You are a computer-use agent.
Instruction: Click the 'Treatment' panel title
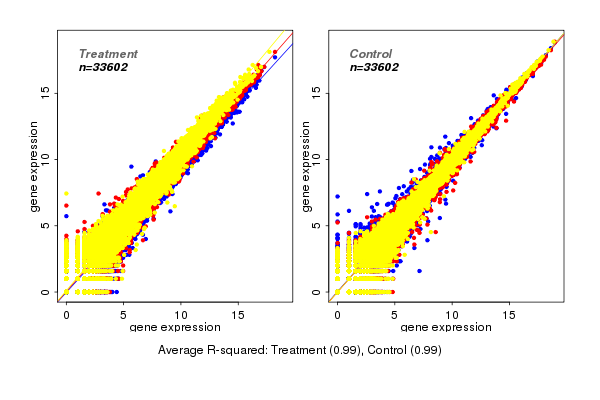(x=108, y=53)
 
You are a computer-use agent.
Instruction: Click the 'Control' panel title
(x=370, y=53)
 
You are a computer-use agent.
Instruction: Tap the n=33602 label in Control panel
(x=374, y=67)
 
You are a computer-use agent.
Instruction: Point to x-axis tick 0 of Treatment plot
(x=66, y=314)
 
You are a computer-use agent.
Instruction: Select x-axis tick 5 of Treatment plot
(x=124, y=314)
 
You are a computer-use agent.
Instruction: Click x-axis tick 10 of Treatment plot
(x=181, y=314)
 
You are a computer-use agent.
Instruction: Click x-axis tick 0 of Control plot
(x=337, y=314)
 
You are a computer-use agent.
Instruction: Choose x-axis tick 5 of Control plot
(x=395, y=314)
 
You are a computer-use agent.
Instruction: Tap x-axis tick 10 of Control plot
(x=452, y=314)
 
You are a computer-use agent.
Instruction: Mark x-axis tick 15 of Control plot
(x=509, y=314)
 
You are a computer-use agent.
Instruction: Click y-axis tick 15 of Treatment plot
(x=45, y=92)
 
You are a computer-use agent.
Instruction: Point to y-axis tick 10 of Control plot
(x=316, y=158)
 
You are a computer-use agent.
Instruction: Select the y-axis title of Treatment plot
(x=34, y=166)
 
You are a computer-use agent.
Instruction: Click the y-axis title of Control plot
(x=305, y=166)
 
